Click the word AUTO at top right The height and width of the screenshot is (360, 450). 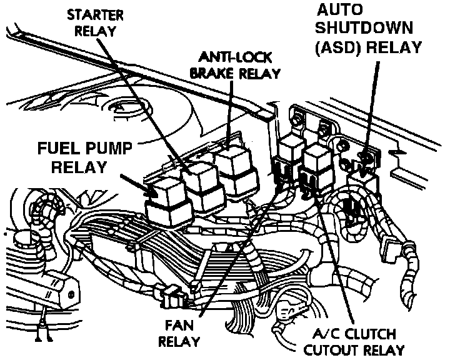click(340, 10)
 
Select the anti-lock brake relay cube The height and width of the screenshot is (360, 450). click(235, 169)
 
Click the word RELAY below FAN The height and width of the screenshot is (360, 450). click(179, 341)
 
